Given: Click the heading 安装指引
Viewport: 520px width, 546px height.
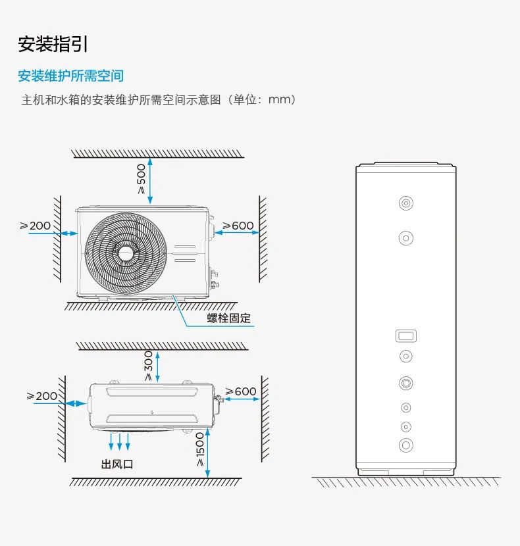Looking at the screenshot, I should pyautogui.click(x=53, y=45).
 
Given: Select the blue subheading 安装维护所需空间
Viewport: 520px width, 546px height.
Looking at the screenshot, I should pyautogui.click(x=70, y=76).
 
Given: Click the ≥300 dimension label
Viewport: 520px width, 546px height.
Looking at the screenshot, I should pyautogui.click(x=148, y=366).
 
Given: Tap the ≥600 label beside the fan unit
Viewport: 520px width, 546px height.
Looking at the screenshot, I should pyautogui.click(x=238, y=226).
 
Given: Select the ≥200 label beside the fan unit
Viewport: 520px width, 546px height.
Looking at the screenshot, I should pyautogui.click(x=36, y=226).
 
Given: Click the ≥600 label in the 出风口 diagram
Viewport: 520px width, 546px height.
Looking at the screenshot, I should pyautogui.click(x=240, y=391).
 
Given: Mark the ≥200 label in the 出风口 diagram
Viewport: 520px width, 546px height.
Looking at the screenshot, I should pyautogui.click(x=42, y=396).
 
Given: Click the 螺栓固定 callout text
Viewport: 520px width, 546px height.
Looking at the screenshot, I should pyautogui.click(x=229, y=318).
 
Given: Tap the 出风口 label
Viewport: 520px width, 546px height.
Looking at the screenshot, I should pyautogui.click(x=117, y=464).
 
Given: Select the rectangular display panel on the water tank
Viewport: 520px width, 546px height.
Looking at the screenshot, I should pyautogui.click(x=406, y=336).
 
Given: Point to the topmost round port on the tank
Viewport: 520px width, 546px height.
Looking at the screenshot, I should pyautogui.click(x=406, y=203).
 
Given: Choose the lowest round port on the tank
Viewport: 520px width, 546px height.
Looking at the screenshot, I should pyautogui.click(x=406, y=445).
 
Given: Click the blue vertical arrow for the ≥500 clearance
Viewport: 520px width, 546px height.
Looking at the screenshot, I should pyautogui.click(x=151, y=180).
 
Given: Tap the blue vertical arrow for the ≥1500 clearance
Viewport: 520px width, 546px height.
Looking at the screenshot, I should pyautogui.click(x=207, y=451).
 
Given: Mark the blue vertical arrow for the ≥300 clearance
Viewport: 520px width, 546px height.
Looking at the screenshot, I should pyautogui.click(x=157, y=366).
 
